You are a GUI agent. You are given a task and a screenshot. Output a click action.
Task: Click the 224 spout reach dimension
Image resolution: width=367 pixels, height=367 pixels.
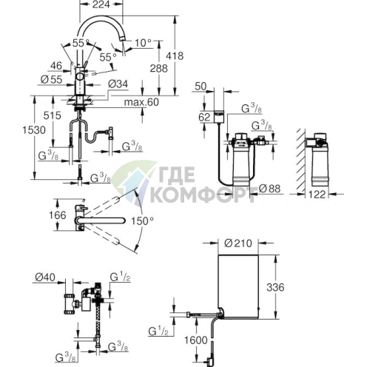click(x=101, y=4)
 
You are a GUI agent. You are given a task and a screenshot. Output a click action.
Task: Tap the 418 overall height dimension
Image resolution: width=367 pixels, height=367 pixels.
click(x=175, y=56)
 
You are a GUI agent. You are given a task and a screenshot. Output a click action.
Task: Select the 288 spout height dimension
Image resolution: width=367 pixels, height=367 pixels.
click(x=159, y=68)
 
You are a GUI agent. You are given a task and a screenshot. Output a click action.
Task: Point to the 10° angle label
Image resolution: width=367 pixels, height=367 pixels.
click(x=144, y=43)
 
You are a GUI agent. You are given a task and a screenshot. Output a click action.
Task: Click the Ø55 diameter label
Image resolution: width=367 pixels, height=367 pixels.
click(x=51, y=80)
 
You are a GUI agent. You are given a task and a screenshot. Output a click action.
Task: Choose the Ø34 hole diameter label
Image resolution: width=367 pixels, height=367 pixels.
click(x=118, y=84)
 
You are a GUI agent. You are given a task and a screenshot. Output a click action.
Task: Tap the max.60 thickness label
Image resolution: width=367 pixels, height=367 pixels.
click(x=141, y=102)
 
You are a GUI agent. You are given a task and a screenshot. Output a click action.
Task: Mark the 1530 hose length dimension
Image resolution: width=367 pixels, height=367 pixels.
click(x=34, y=130)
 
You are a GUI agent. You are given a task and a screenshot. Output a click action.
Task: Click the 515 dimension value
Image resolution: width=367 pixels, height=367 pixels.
click(x=52, y=115)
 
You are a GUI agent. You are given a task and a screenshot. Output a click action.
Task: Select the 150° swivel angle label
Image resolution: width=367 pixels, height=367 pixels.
click(x=142, y=221)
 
